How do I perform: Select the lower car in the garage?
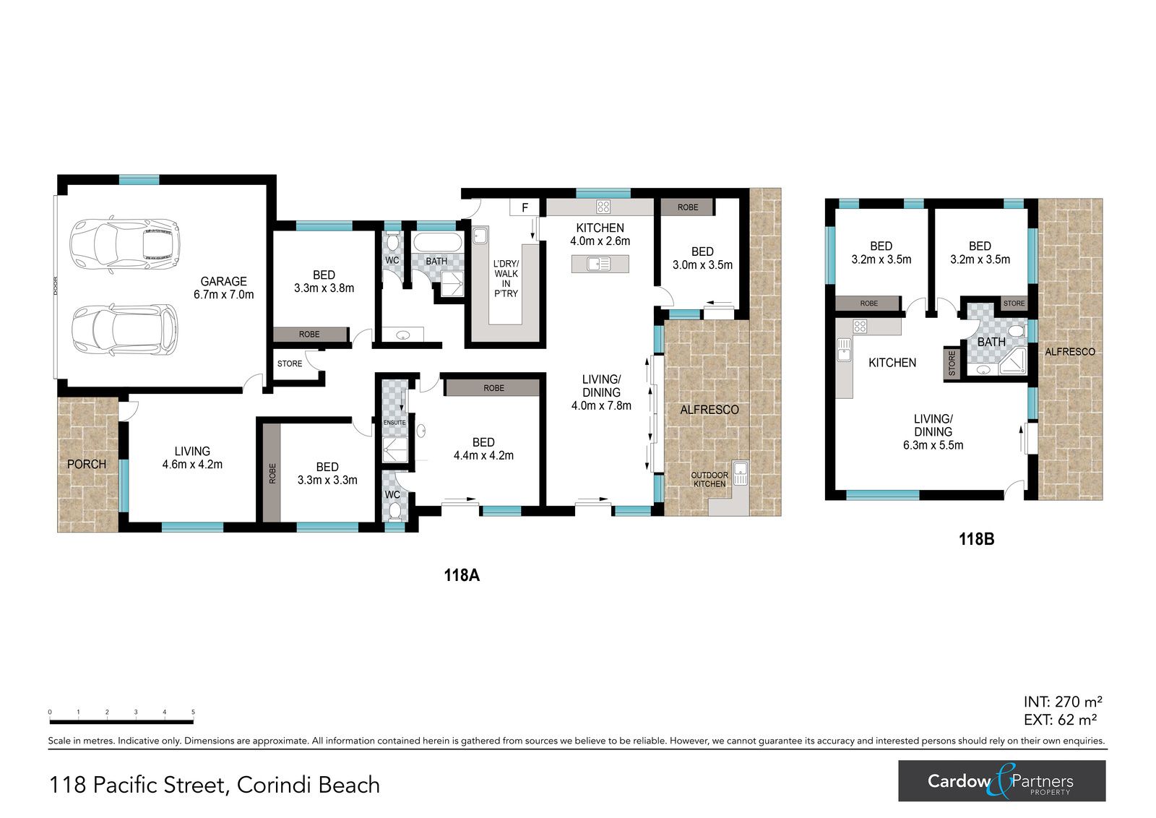(125, 330)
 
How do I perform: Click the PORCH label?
(87, 465)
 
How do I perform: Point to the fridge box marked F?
(525, 207)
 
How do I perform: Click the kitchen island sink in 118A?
(599, 264)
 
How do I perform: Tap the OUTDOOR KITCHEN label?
(709, 479)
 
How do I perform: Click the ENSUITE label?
(394, 423)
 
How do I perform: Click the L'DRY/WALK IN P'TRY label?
(506, 279)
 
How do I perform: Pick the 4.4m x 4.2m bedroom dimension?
(483, 456)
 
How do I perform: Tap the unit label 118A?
(462, 575)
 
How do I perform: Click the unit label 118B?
(976, 539)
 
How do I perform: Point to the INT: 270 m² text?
(1063, 702)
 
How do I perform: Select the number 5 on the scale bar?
(194, 712)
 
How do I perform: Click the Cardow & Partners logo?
(1001, 781)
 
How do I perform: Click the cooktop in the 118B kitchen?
(860, 326)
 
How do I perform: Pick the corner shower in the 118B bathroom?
(1013, 361)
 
